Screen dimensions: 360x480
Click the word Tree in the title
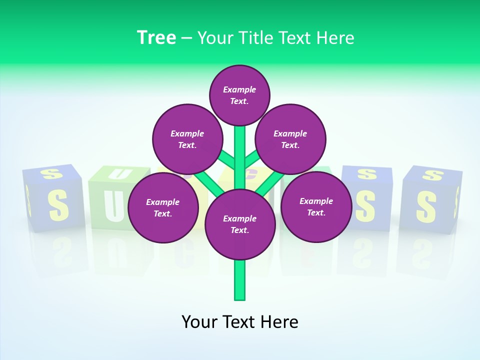coord(156,38)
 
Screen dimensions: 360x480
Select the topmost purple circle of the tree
coord(239,95)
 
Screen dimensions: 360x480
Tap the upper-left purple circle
coord(187,139)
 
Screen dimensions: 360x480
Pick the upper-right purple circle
coord(290,139)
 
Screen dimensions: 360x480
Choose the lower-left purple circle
coord(162,207)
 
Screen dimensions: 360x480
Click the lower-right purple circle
coord(316,206)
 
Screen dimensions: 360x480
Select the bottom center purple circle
coord(239,224)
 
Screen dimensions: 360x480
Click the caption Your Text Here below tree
coord(239,322)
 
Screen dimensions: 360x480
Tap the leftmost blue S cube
coord(52,200)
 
